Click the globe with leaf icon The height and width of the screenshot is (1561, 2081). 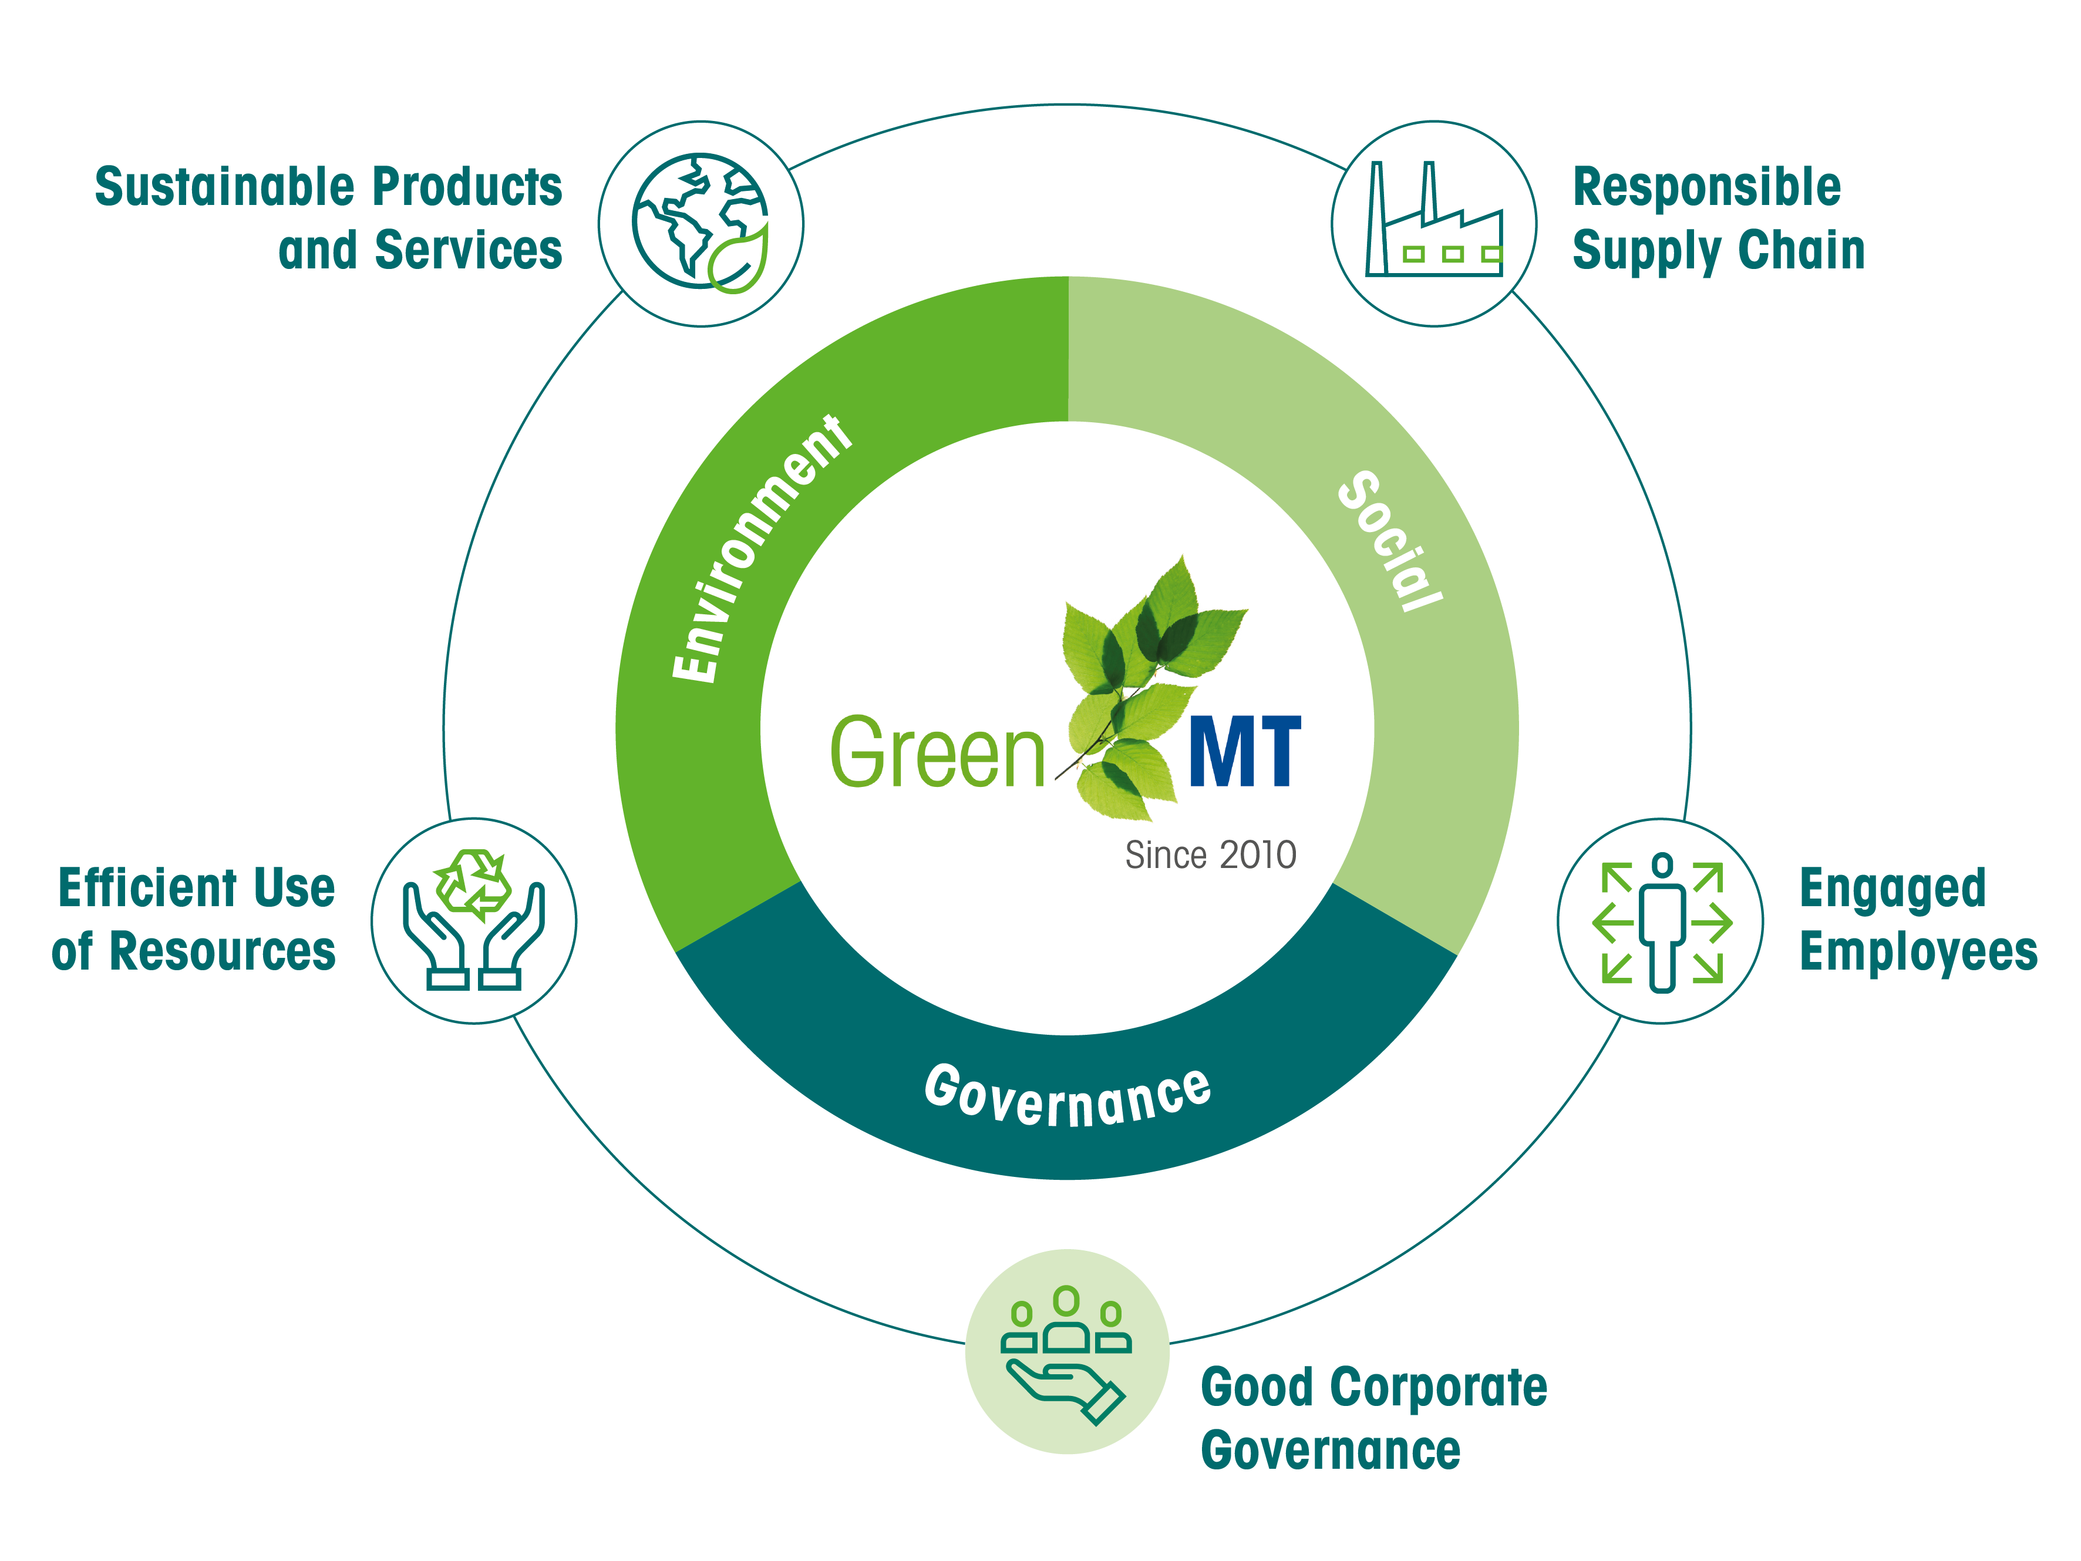701,223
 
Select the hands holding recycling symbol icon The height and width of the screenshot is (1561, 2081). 473,919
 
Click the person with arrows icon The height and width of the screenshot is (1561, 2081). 1661,922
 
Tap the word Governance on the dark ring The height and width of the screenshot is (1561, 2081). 1068,1094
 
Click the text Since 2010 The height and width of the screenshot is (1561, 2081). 1211,855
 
